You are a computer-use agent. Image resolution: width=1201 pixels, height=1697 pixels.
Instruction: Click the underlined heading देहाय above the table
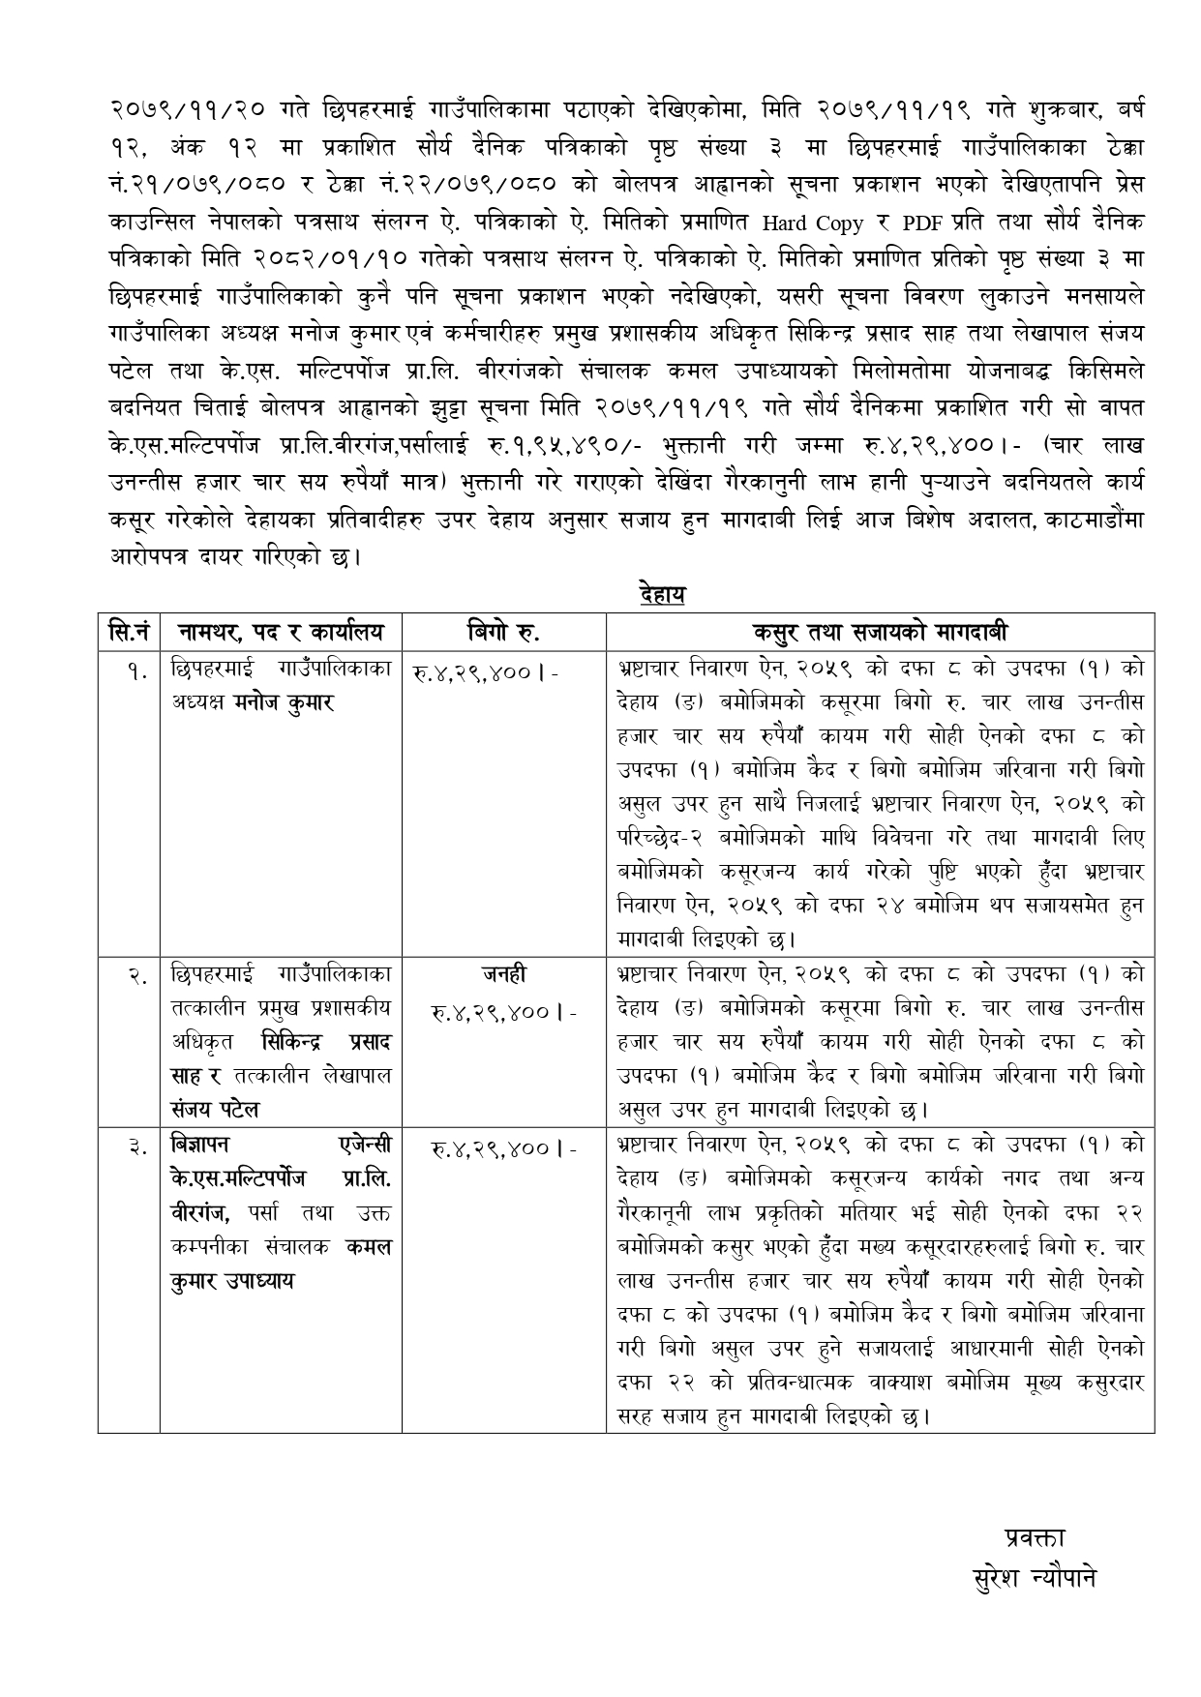[x=662, y=593]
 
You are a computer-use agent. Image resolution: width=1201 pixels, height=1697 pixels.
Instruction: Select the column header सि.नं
[x=128, y=632]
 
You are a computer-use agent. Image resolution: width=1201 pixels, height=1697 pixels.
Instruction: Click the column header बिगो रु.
[x=503, y=632]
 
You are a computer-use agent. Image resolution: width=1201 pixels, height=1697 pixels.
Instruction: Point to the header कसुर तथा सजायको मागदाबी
[x=880, y=632]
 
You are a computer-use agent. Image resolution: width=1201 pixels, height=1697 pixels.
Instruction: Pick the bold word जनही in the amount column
[x=504, y=974]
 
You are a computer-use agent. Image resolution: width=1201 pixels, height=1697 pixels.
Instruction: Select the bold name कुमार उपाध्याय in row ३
[x=232, y=1281]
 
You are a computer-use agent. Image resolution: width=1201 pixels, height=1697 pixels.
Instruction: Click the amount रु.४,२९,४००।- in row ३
[x=504, y=1148]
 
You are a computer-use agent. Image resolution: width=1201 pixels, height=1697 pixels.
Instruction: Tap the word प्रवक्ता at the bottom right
[x=1035, y=1537]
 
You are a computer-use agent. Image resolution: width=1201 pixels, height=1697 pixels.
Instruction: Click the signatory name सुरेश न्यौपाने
[x=1035, y=1579]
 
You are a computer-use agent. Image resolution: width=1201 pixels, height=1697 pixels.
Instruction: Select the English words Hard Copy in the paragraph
[x=812, y=224]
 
